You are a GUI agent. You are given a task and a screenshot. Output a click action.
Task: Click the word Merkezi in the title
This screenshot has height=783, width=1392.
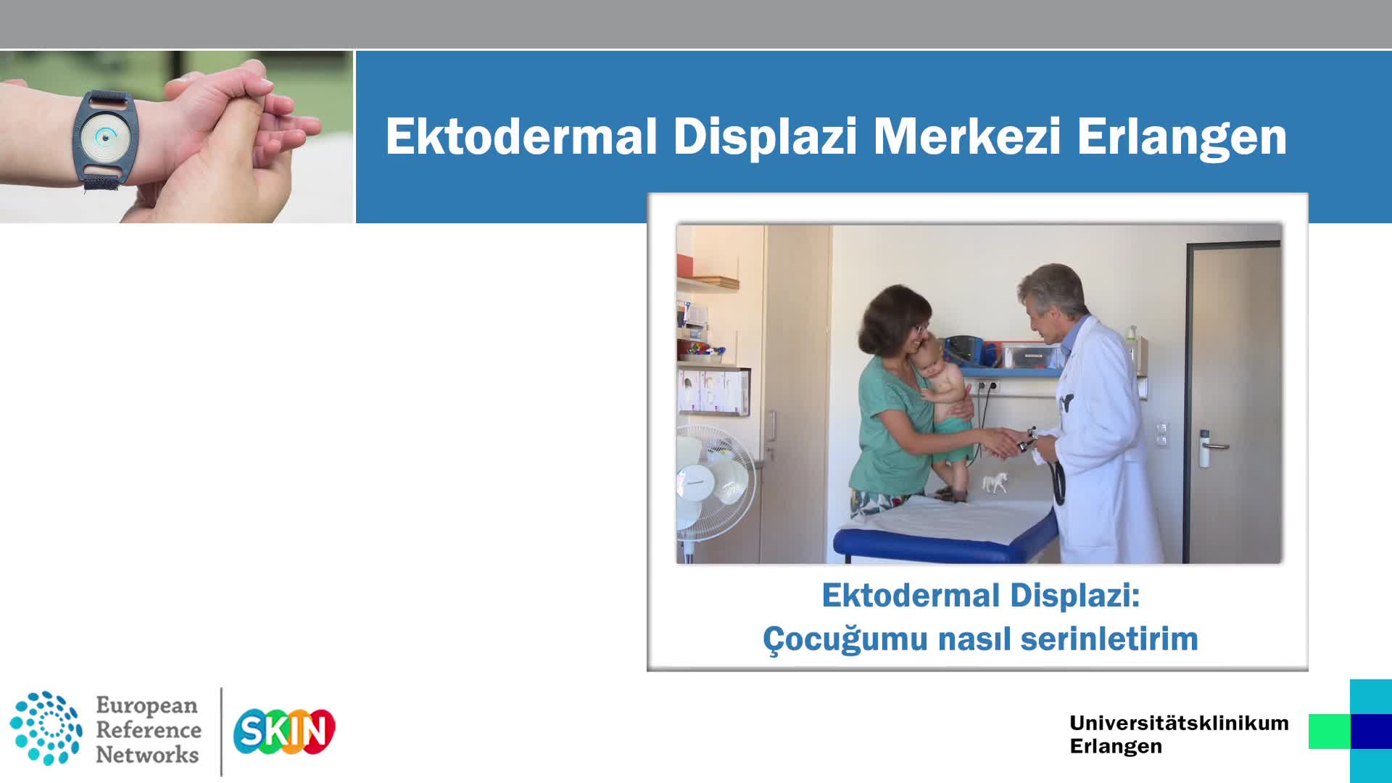tap(966, 136)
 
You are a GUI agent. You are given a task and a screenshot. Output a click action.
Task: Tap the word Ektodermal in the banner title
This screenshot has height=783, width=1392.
tap(521, 136)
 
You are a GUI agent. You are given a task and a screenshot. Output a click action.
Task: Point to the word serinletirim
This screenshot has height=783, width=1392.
tap(1109, 639)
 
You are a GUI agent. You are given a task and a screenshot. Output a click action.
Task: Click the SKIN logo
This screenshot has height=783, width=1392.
tap(284, 731)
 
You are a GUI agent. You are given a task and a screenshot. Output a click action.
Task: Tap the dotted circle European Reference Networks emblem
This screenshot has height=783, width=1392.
tap(46, 728)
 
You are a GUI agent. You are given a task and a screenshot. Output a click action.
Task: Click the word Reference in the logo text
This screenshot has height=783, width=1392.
tap(149, 729)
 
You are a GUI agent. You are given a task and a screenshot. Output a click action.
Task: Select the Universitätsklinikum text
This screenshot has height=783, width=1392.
tap(1179, 723)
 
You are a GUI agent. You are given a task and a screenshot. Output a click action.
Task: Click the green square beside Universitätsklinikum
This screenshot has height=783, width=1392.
tap(1330, 731)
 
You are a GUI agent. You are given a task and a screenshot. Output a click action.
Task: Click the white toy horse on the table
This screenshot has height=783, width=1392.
tap(995, 482)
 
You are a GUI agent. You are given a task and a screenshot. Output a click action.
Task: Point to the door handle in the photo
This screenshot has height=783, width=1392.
tap(1212, 444)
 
